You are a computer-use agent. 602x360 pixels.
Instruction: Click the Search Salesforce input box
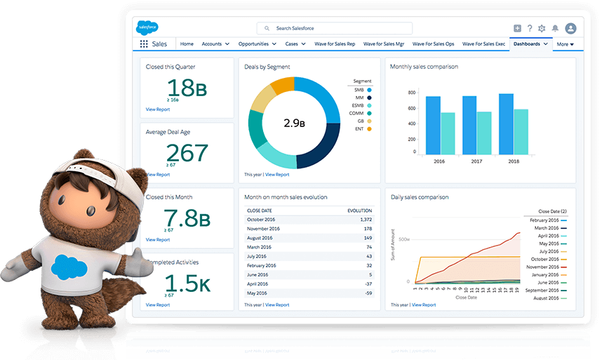pos(334,28)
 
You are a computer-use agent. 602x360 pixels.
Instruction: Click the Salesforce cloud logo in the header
pos(147,28)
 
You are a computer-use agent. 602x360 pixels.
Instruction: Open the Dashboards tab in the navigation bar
pos(526,44)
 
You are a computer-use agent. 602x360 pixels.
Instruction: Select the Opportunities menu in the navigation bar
pos(253,44)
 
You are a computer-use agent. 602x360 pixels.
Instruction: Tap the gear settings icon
pos(541,28)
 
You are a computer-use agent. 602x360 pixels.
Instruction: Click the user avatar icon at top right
pos(570,28)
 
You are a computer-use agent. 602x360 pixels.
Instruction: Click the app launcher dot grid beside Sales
pos(144,44)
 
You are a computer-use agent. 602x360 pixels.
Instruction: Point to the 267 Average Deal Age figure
pos(187,152)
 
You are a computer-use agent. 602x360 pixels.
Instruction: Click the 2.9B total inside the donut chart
pos(294,123)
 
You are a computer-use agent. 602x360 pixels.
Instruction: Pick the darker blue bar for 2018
pos(507,124)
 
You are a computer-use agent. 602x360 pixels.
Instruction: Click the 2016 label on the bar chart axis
pos(440,161)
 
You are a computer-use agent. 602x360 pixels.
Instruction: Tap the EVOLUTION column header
pos(359,210)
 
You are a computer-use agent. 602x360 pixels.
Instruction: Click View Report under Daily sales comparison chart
pos(424,305)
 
